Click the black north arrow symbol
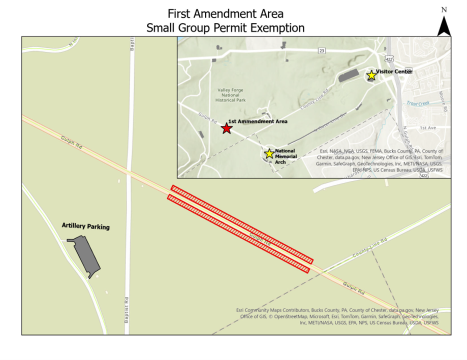pyautogui.click(x=444, y=26)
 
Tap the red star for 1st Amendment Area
pyautogui.click(x=227, y=128)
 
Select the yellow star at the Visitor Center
pyautogui.click(x=371, y=76)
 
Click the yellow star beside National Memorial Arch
pyautogui.click(x=269, y=153)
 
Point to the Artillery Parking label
pyautogui.click(x=85, y=226)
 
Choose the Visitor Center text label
pyautogui.click(x=394, y=72)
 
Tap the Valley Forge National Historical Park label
pyautogui.click(x=231, y=95)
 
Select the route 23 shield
pyautogui.click(x=322, y=50)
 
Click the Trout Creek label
pyautogui.click(x=418, y=104)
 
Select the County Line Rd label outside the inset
pyautogui.click(x=370, y=246)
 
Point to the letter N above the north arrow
pyautogui.click(x=444, y=9)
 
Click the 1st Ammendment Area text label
pyautogui.click(x=258, y=122)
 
